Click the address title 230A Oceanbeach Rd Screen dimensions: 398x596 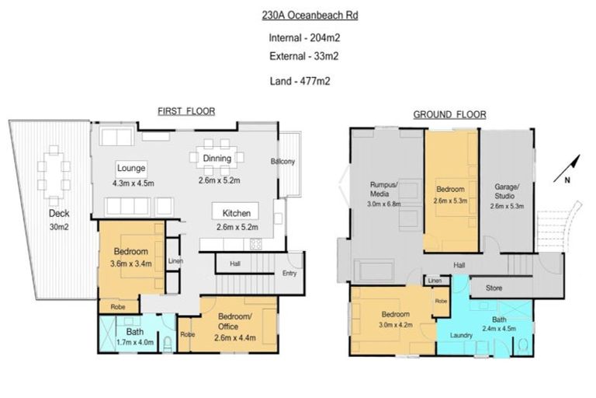click(x=300, y=14)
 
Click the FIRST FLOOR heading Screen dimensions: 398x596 click(x=185, y=112)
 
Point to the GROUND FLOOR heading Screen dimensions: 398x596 click(x=449, y=114)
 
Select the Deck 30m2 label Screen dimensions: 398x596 click(x=58, y=219)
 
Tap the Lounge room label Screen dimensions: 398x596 click(x=132, y=168)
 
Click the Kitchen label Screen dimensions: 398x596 click(x=236, y=212)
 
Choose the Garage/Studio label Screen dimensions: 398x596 click(x=508, y=191)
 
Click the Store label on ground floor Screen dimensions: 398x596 click(x=495, y=288)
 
